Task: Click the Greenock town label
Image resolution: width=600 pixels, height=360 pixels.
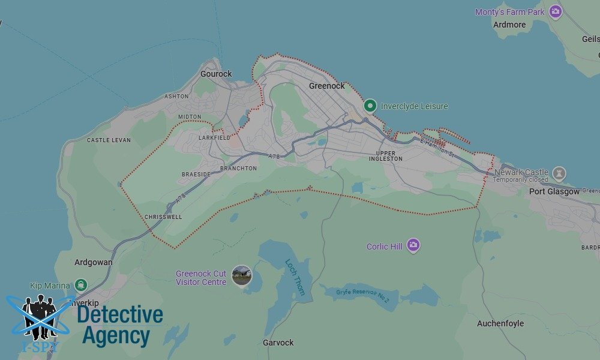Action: pyautogui.click(x=326, y=86)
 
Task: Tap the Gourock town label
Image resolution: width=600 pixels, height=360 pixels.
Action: pyautogui.click(x=216, y=74)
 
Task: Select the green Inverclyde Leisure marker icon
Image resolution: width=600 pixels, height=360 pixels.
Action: pyautogui.click(x=371, y=107)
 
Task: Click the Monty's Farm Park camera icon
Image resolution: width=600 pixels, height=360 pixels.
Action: pyautogui.click(x=556, y=11)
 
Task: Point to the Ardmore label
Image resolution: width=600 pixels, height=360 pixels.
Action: pyautogui.click(x=509, y=25)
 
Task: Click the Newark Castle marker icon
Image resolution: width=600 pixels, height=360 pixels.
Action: pyautogui.click(x=559, y=175)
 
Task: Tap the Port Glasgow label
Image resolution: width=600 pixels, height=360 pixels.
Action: pyautogui.click(x=554, y=191)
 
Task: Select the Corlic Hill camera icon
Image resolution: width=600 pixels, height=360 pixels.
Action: pyautogui.click(x=413, y=245)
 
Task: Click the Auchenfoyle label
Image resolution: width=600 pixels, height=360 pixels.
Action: pyautogui.click(x=500, y=323)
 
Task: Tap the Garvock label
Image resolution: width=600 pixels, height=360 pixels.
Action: pyautogui.click(x=278, y=343)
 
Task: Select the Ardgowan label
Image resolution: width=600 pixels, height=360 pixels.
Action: pyautogui.click(x=94, y=262)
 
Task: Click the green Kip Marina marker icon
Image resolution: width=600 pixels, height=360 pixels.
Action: pyautogui.click(x=81, y=285)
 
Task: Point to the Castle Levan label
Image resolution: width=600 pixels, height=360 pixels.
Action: pyautogui.click(x=109, y=140)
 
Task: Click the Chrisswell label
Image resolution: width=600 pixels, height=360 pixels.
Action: pyautogui.click(x=163, y=217)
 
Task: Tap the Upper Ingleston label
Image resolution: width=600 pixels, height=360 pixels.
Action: pyautogui.click(x=386, y=156)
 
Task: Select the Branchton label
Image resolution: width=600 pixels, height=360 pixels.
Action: pyautogui.click(x=238, y=169)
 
